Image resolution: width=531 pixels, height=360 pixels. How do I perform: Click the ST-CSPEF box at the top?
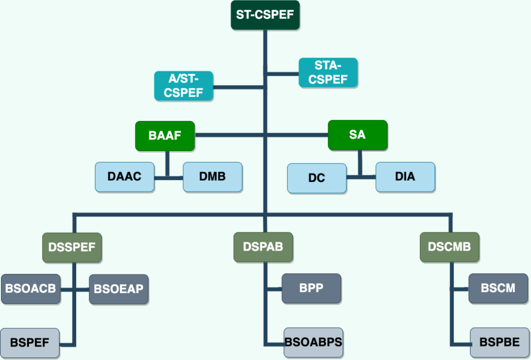(x=265, y=15)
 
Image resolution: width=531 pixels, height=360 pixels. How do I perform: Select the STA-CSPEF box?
(x=328, y=73)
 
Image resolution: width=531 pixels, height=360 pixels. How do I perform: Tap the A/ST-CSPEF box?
(x=184, y=86)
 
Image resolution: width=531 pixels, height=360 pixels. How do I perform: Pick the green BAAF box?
(x=165, y=136)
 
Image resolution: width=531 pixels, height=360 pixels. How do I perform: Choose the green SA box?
(x=358, y=135)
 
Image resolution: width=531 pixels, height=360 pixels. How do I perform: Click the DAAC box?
(x=124, y=177)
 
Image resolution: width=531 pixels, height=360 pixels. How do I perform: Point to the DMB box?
(x=213, y=177)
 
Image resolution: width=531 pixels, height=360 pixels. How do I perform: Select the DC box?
(x=317, y=178)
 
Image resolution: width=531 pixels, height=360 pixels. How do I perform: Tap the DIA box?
(x=406, y=177)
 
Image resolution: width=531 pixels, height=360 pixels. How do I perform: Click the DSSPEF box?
(x=72, y=247)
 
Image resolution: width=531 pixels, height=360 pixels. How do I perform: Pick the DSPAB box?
(x=263, y=247)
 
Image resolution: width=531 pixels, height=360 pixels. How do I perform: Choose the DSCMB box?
(x=450, y=247)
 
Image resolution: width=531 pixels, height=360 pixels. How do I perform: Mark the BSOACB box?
(x=31, y=289)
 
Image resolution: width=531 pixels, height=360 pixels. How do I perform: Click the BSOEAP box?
(x=119, y=289)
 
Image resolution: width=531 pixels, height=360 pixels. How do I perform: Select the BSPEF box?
(x=30, y=343)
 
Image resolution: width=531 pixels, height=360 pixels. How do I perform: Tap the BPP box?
(x=312, y=288)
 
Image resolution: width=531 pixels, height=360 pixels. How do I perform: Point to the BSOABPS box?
(x=314, y=342)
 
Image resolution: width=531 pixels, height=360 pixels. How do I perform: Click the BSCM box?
(x=498, y=288)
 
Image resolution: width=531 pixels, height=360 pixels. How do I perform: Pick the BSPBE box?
(x=499, y=342)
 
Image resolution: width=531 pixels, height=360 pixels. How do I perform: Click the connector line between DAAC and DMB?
(x=169, y=178)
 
